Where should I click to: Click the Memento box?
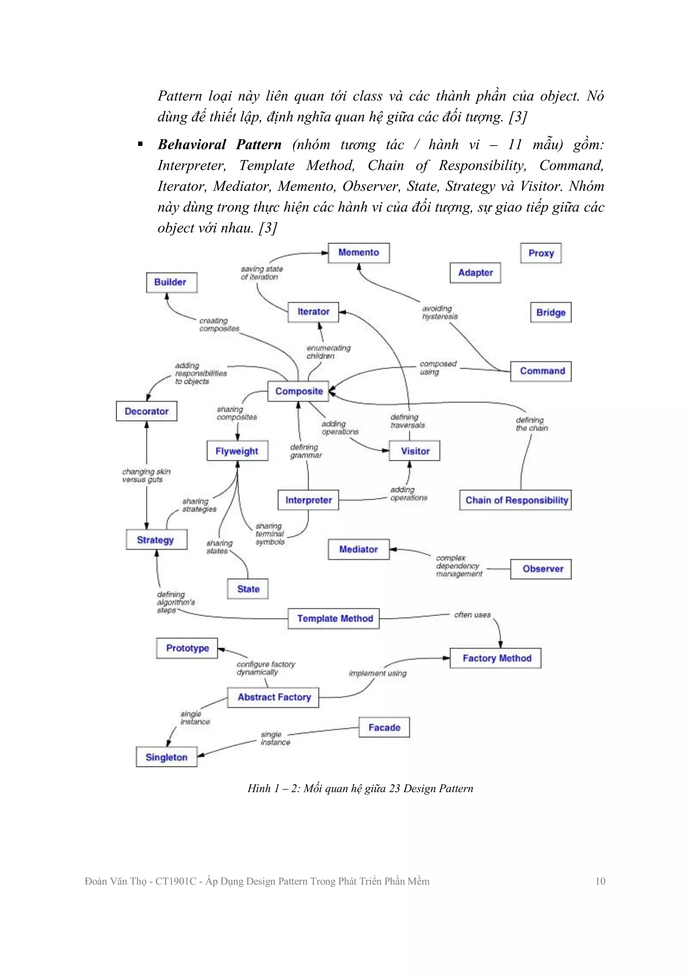click(359, 253)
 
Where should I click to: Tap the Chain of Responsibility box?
click(515, 500)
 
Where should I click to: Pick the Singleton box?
click(167, 757)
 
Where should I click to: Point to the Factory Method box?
click(496, 658)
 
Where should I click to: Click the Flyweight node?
click(237, 451)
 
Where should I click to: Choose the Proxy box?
click(541, 253)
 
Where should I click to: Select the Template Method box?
click(334, 619)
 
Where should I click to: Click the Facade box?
click(384, 728)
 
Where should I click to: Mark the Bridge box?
click(551, 313)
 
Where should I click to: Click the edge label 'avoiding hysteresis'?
click(440, 313)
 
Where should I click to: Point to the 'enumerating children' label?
click(328, 352)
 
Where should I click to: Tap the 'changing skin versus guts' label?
click(146, 475)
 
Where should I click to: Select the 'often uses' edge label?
click(472, 615)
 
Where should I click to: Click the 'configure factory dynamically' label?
click(265, 668)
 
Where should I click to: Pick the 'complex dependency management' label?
click(459, 566)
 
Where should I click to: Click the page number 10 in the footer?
click(600, 881)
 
